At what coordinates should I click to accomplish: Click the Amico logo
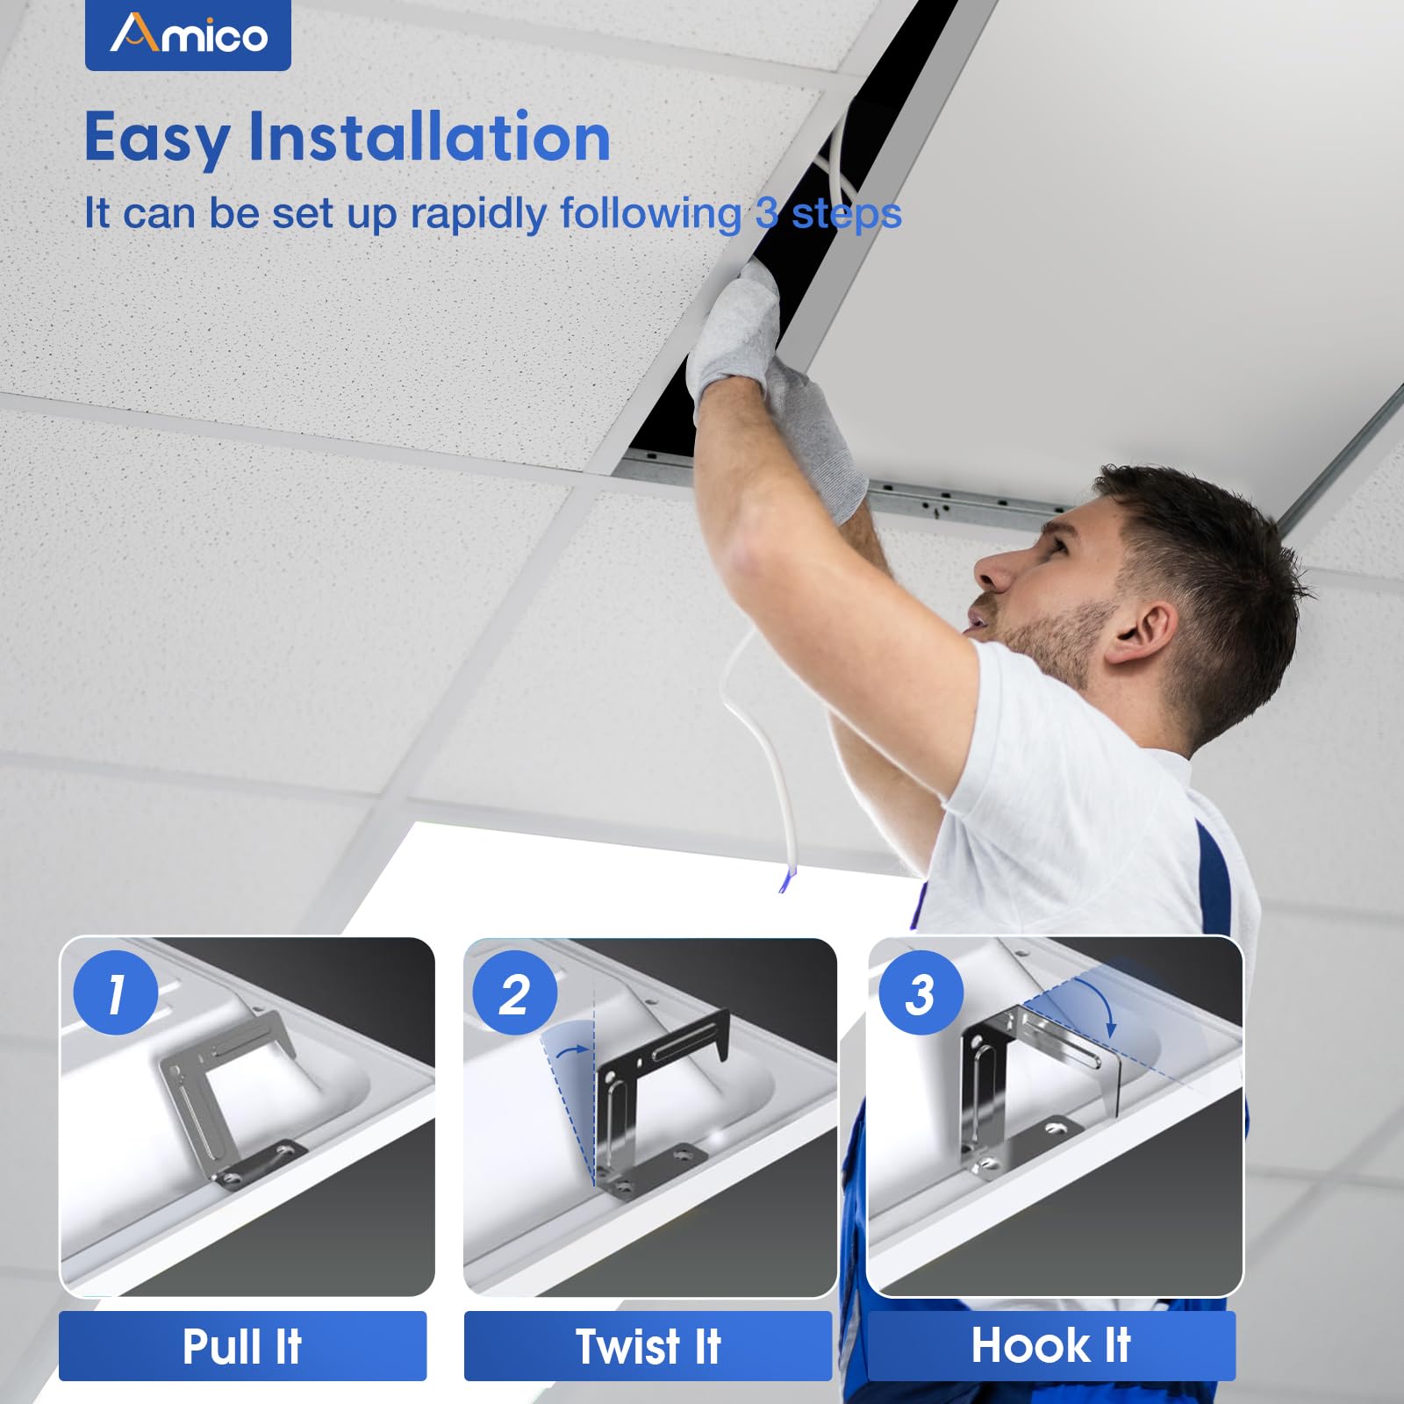click(x=188, y=35)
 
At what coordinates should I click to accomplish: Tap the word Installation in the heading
click(x=429, y=138)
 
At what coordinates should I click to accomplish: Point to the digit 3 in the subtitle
click(x=766, y=213)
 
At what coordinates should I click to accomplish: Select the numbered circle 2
click(x=514, y=994)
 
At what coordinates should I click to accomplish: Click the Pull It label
click(x=242, y=1346)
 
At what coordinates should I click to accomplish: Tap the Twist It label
click(x=648, y=1346)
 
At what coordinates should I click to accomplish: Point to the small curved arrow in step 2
click(x=572, y=1049)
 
